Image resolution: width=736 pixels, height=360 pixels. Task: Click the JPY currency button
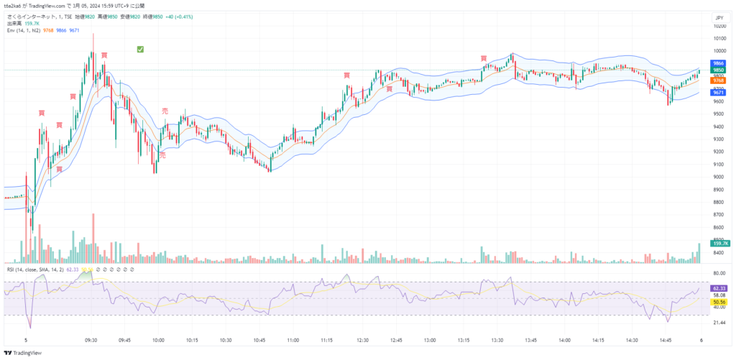[718, 18]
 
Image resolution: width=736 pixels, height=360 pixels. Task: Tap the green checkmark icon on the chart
[141, 49]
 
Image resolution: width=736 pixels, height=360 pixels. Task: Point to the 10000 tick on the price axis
[718, 51]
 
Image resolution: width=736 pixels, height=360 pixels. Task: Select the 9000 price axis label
[718, 177]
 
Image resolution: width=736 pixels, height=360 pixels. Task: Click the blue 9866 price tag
[718, 63]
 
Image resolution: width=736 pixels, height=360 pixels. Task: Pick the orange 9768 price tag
[718, 81]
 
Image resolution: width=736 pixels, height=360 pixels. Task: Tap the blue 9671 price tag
[718, 93]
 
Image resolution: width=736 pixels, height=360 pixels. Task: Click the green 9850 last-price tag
[718, 70]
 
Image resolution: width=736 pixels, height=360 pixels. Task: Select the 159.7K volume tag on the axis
[718, 244]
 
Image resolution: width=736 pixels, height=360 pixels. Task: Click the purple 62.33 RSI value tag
[718, 287]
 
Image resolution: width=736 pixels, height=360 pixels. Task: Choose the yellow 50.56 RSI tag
[718, 303]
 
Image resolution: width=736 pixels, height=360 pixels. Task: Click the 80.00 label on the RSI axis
[718, 274]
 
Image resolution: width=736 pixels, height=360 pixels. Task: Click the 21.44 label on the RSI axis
[718, 323]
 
